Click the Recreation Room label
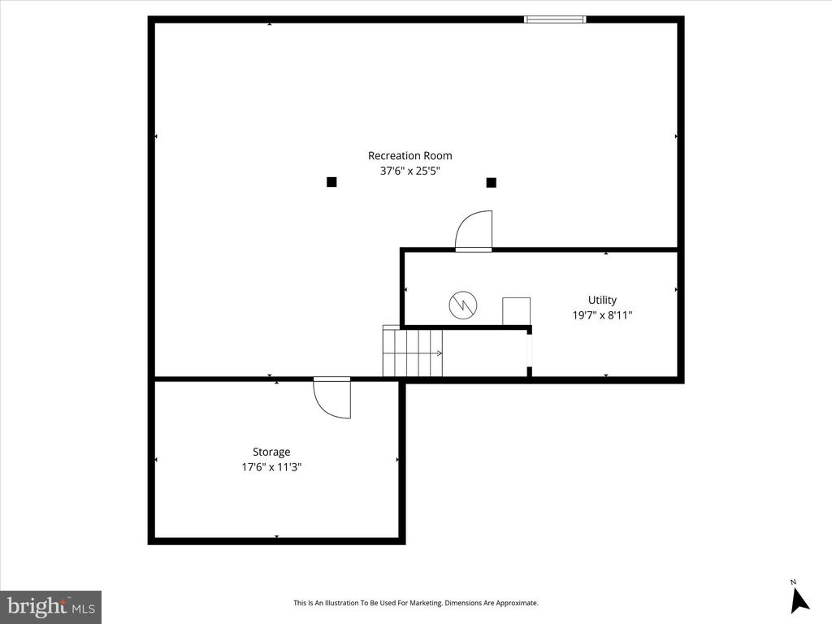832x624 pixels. [x=409, y=156]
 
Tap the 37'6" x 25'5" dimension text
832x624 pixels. [x=409, y=171]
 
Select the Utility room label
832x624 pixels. [x=602, y=300]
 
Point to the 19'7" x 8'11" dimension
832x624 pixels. [x=602, y=315]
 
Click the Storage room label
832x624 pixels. [x=271, y=452]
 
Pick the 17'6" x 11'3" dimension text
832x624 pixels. [x=271, y=467]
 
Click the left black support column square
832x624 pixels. [x=331, y=182]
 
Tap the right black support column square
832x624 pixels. [x=491, y=182]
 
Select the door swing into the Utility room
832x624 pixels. [x=474, y=231]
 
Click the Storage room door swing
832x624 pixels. [x=333, y=398]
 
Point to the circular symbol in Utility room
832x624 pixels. [x=463, y=305]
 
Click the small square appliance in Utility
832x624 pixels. [x=516, y=311]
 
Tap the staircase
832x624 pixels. [x=413, y=352]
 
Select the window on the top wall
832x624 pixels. [x=555, y=19]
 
